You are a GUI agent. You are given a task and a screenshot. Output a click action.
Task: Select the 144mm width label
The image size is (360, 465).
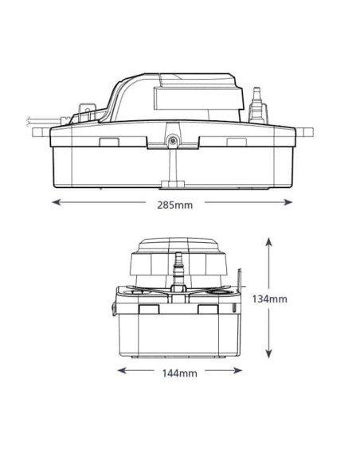pyautogui.click(x=180, y=373)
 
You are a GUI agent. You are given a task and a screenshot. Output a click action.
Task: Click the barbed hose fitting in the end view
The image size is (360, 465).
pyautogui.click(x=179, y=264)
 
